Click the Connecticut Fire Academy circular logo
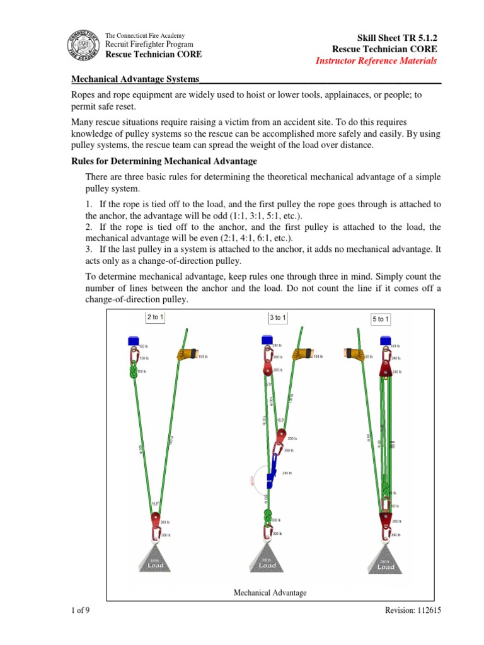pos(83,45)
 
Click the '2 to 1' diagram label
pos(155,317)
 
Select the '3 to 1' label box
pos(277,318)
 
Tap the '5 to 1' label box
pos(381,319)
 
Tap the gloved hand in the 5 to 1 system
pos(352,355)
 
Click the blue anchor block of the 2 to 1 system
pos(134,341)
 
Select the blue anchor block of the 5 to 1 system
pos(384,340)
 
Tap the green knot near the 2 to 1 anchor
pos(133,372)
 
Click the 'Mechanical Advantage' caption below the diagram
pos(270,593)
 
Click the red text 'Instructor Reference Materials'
pos(376,60)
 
